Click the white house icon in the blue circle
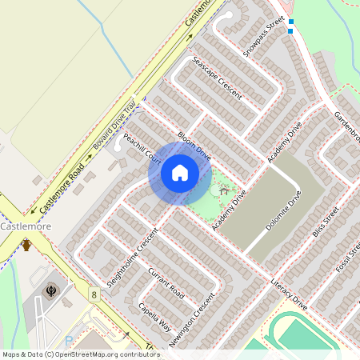coord(180,173)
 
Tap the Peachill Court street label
coord(143,150)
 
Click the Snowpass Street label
coord(265,36)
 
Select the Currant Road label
coord(166,284)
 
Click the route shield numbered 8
coord(94,295)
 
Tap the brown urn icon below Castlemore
coord(26,245)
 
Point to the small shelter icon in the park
coord(223,190)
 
